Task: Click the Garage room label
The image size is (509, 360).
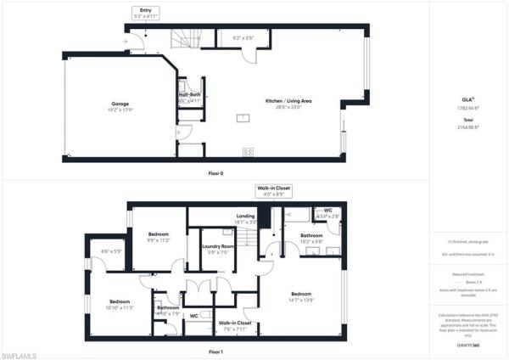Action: (x=119, y=107)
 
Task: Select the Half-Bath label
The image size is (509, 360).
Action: (x=189, y=97)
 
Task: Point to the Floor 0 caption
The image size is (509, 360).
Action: (x=215, y=173)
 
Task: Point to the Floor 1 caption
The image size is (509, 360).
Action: (x=215, y=352)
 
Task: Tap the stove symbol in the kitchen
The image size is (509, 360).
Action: (x=248, y=152)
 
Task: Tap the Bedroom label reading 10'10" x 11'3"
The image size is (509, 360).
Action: (x=120, y=305)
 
